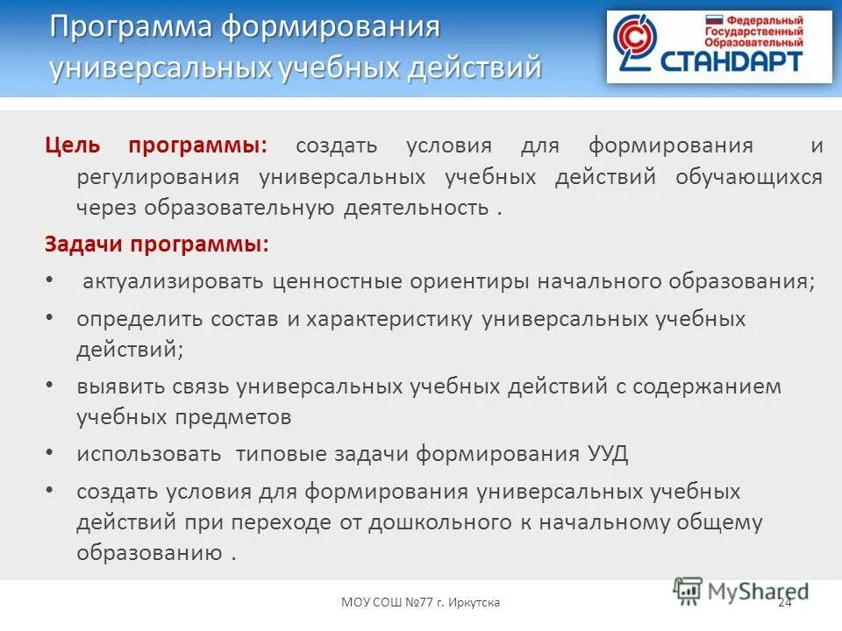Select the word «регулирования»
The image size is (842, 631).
158,177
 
